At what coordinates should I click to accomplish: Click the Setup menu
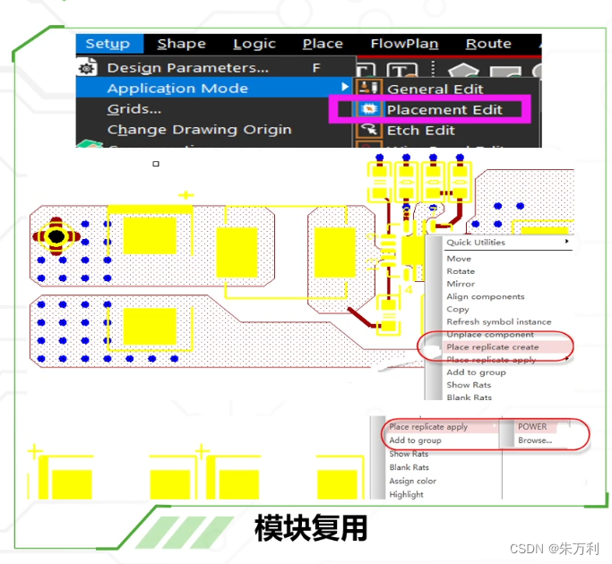pyautogui.click(x=108, y=44)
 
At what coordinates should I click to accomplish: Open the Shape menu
pyautogui.click(x=181, y=44)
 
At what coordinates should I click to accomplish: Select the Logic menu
pyautogui.click(x=254, y=44)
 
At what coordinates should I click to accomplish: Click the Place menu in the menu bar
pyautogui.click(x=323, y=44)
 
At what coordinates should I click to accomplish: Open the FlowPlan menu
pyautogui.click(x=404, y=44)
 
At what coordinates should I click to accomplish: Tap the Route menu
pyautogui.click(x=488, y=44)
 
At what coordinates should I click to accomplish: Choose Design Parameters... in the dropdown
pyautogui.click(x=187, y=68)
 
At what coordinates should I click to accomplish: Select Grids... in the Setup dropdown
pyautogui.click(x=134, y=109)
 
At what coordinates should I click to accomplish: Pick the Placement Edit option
pyautogui.click(x=444, y=110)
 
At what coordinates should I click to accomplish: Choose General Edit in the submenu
pyautogui.click(x=435, y=90)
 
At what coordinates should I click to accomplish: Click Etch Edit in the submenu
pyautogui.click(x=420, y=131)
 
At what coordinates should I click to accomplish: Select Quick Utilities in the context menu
pyautogui.click(x=476, y=243)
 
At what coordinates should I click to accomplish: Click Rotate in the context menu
pyautogui.click(x=461, y=271)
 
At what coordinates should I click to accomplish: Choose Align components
pyautogui.click(x=486, y=296)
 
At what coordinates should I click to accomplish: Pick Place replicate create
pyautogui.click(x=492, y=347)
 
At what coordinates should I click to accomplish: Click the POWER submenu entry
pyautogui.click(x=532, y=427)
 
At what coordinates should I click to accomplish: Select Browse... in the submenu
pyautogui.click(x=536, y=440)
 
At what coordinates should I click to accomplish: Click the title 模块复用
pyautogui.click(x=311, y=528)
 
